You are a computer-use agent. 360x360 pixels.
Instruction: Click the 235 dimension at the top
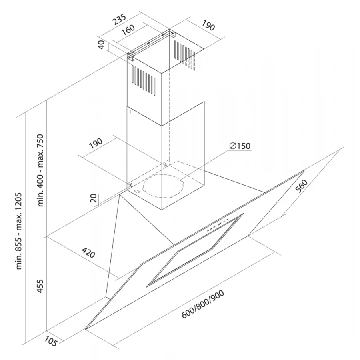[x=119, y=20]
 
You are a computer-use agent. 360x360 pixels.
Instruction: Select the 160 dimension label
[x=128, y=30]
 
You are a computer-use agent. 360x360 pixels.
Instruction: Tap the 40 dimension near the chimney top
[x=101, y=45]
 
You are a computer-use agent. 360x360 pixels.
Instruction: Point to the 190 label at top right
[x=208, y=25]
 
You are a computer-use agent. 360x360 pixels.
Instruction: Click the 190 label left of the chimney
[x=96, y=143]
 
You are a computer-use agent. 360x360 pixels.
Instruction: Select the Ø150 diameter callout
[x=240, y=146]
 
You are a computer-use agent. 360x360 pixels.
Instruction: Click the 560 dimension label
[x=302, y=186]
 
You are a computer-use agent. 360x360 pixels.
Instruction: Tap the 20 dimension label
[x=94, y=198]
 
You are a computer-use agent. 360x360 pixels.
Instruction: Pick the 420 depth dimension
[x=88, y=252]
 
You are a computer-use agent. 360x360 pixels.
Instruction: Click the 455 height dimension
[x=40, y=286]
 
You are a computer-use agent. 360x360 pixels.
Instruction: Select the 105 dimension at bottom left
[x=50, y=341]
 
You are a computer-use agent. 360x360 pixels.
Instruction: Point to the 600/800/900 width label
[x=203, y=304]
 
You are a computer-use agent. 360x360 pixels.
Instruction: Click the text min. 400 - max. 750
[x=40, y=170]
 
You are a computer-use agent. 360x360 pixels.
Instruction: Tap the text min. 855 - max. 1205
[x=18, y=231]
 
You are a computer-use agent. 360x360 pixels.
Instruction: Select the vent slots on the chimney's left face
[x=144, y=80]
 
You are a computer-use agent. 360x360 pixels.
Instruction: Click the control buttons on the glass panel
[x=218, y=226]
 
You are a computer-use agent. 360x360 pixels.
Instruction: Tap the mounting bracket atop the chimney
[x=151, y=45]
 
